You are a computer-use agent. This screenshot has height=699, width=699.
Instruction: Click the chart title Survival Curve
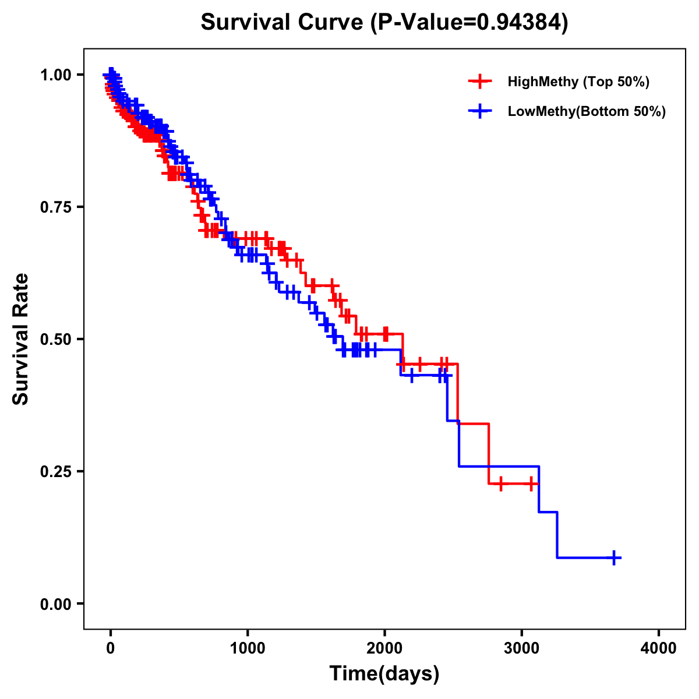point(283,23)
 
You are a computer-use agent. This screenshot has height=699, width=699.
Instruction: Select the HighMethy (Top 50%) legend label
point(578,82)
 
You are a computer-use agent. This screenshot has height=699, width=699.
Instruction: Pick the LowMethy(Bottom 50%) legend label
point(586,112)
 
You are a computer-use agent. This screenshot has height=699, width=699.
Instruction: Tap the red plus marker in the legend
point(480,82)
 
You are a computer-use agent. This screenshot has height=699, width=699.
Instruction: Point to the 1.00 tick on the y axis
point(55,75)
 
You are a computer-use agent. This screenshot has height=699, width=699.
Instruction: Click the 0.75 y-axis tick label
point(55,207)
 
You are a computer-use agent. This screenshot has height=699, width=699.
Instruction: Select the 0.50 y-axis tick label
point(55,339)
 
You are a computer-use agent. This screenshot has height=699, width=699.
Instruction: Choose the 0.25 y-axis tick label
point(55,471)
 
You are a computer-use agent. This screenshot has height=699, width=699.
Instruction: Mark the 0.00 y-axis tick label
point(55,603)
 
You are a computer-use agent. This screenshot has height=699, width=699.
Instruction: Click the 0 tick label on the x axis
point(111,648)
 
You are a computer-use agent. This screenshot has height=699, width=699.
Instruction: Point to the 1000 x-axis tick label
point(248,648)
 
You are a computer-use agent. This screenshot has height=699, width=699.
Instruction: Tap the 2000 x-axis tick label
point(384,648)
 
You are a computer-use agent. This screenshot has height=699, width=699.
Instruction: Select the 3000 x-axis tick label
point(522,648)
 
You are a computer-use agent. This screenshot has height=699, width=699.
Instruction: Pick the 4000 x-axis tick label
point(659,648)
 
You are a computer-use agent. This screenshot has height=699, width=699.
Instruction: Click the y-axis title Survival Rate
point(21,339)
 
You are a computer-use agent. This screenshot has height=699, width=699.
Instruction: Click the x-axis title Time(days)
point(384,674)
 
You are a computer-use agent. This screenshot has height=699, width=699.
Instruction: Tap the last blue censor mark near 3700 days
point(614,557)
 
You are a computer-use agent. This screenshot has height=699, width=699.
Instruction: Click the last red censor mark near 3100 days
point(531,483)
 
